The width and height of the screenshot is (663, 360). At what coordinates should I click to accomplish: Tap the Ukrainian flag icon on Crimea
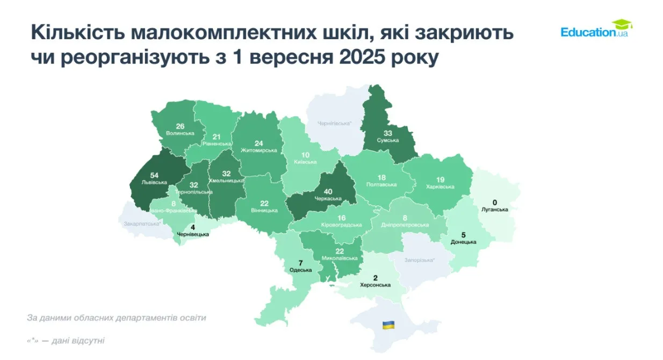pos(388,325)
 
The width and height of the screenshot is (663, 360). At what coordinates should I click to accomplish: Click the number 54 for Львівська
pos(154,176)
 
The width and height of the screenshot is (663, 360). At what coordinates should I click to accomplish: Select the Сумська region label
pos(387,140)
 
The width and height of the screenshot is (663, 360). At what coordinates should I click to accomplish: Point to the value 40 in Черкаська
pos(328,191)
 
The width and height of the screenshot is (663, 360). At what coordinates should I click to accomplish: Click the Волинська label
pos(180,133)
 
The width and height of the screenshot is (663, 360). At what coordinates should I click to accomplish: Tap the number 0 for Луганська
pos(495,203)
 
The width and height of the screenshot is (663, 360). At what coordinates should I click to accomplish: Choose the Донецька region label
pos(463,242)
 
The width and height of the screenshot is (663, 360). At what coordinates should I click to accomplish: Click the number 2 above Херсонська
pos(375,278)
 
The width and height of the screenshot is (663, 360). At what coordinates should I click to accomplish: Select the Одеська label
pos(301,270)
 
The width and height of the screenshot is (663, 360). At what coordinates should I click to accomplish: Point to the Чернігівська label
pos(334,124)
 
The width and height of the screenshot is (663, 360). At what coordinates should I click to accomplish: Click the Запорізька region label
pos(419,260)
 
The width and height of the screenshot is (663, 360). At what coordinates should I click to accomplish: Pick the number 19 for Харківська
pos(440,180)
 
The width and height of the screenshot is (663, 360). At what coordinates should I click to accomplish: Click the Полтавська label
pos(382,185)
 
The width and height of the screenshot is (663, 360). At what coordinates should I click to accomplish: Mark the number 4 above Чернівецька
pos(192,227)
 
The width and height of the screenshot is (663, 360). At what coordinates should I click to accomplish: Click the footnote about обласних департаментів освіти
pos(117,318)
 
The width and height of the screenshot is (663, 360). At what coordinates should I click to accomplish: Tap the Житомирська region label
pos(259,150)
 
